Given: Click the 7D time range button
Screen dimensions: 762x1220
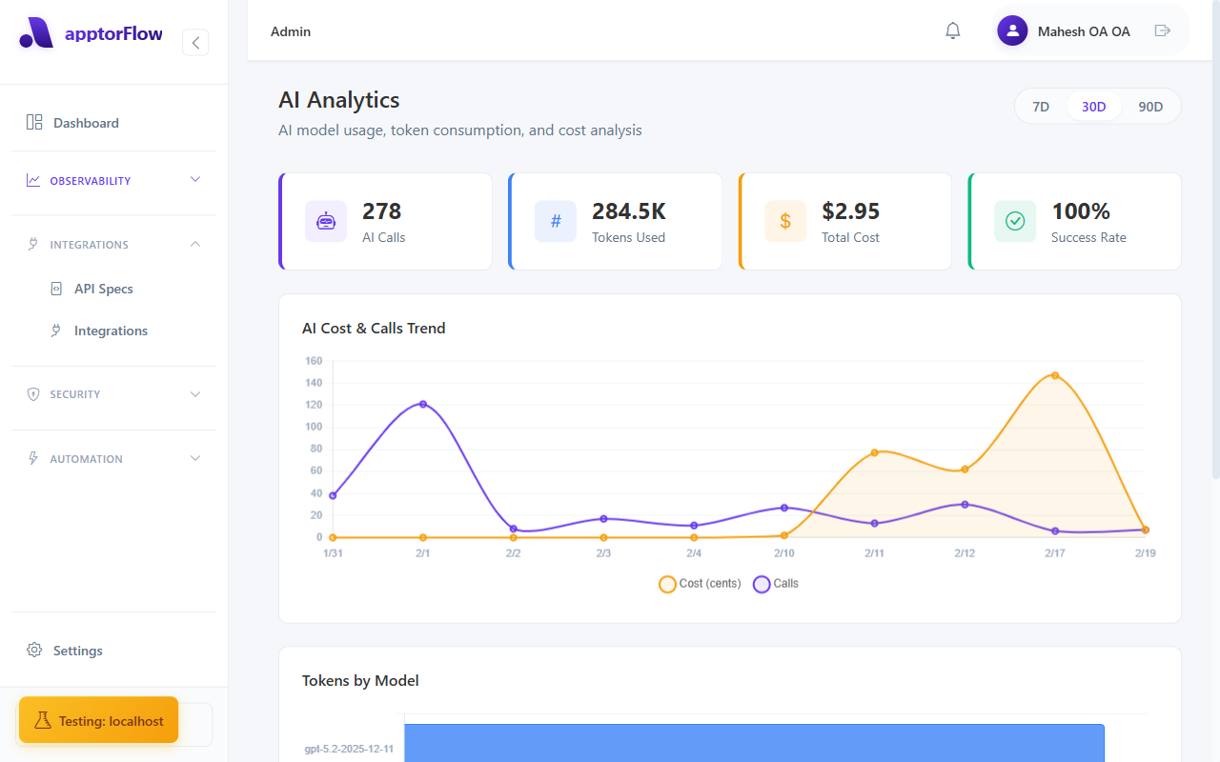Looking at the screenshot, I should [x=1041, y=107].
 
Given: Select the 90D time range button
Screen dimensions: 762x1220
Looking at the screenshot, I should [x=1150, y=107].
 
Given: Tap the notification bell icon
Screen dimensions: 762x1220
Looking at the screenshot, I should [x=952, y=31].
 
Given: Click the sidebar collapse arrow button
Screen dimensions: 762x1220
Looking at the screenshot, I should [x=195, y=42].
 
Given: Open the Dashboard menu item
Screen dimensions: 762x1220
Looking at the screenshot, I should [x=86, y=123].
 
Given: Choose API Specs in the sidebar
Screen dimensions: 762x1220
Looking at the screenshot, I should [x=103, y=289].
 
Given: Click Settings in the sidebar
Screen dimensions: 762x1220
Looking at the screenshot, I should [x=77, y=651].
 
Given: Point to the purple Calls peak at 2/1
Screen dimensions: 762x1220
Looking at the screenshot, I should [x=423, y=404].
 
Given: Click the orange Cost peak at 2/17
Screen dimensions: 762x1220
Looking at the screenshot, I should [x=1055, y=375].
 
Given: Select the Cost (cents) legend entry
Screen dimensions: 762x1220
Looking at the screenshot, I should [x=701, y=584].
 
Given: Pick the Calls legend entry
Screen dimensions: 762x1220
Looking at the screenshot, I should [x=777, y=584].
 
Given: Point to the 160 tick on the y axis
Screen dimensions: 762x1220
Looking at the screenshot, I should [x=314, y=361].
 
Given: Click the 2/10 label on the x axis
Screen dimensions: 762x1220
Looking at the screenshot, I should [x=784, y=553].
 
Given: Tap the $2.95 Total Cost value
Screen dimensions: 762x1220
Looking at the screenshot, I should [x=850, y=211].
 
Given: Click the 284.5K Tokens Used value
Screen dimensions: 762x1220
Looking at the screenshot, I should [x=629, y=211].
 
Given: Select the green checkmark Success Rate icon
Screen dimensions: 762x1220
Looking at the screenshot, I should [x=1015, y=221].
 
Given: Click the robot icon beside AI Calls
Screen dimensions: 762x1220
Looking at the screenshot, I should [x=326, y=221].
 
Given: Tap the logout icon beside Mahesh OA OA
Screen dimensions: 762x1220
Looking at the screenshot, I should [x=1162, y=31].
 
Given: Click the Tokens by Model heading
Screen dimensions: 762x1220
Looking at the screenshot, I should [x=360, y=680].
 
